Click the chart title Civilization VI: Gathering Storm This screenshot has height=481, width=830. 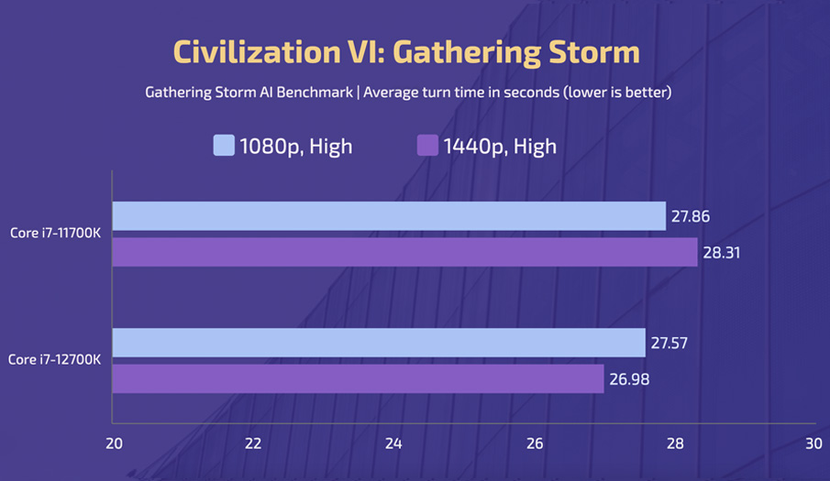[x=406, y=52]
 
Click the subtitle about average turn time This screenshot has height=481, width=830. [x=409, y=93]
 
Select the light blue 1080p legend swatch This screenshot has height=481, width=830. [x=224, y=145]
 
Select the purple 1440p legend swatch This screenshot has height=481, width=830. [x=427, y=145]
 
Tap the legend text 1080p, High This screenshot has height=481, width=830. [x=295, y=146]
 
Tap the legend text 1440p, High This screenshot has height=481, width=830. [x=499, y=146]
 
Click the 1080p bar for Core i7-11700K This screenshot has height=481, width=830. [x=389, y=216]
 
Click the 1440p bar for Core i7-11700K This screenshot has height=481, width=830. [x=404, y=252]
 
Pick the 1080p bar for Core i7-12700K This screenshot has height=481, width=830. [x=379, y=343]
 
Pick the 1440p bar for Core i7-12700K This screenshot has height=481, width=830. [x=358, y=378]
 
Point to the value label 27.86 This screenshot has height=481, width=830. [x=690, y=217]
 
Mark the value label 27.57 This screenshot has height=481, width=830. [x=670, y=344]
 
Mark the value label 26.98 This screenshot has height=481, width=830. [x=628, y=379]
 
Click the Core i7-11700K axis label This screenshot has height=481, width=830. [x=56, y=234]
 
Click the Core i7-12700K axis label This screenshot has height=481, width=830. [x=56, y=360]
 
